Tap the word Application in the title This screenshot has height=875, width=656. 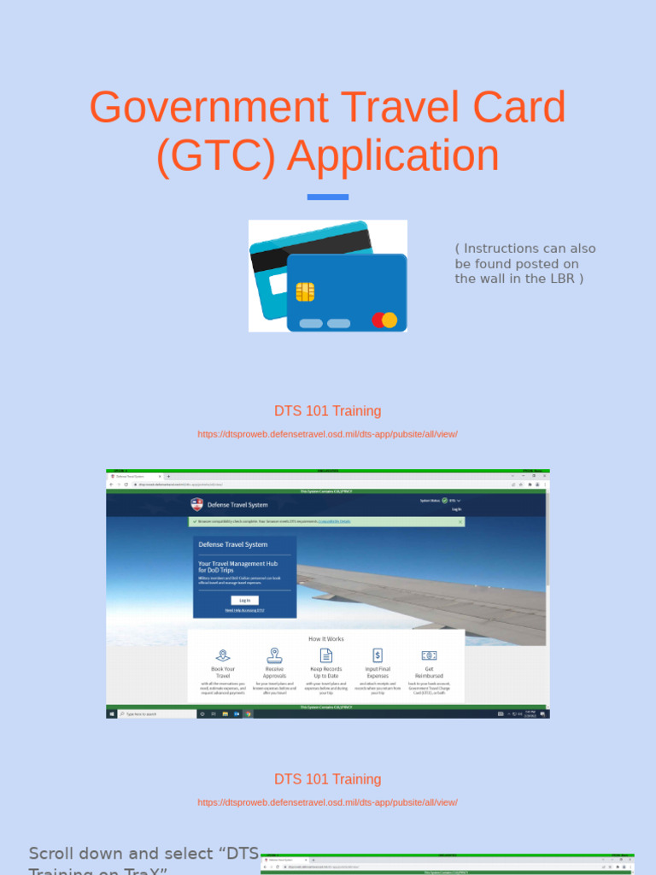click(393, 156)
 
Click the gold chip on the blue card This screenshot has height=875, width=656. click(305, 292)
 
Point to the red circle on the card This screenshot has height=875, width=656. click(378, 320)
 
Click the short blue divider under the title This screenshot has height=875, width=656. click(328, 197)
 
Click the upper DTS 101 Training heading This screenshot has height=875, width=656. click(328, 411)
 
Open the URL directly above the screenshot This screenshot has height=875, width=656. click(328, 434)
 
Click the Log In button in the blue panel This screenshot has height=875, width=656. click(244, 600)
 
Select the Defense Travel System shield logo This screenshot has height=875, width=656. click(197, 504)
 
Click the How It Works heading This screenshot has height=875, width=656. click(326, 638)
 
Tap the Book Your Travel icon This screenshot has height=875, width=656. click(222, 655)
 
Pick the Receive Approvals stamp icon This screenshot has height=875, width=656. click(274, 655)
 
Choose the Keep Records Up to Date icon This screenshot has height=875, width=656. click(326, 655)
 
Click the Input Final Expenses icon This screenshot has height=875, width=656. click(378, 655)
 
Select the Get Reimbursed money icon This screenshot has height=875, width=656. click(429, 655)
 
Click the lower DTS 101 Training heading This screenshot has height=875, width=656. click(328, 779)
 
